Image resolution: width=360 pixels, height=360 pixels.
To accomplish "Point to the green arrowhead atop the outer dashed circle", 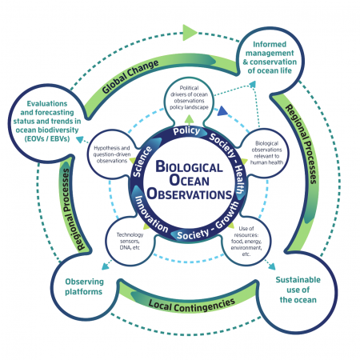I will click(x=189, y=33).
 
